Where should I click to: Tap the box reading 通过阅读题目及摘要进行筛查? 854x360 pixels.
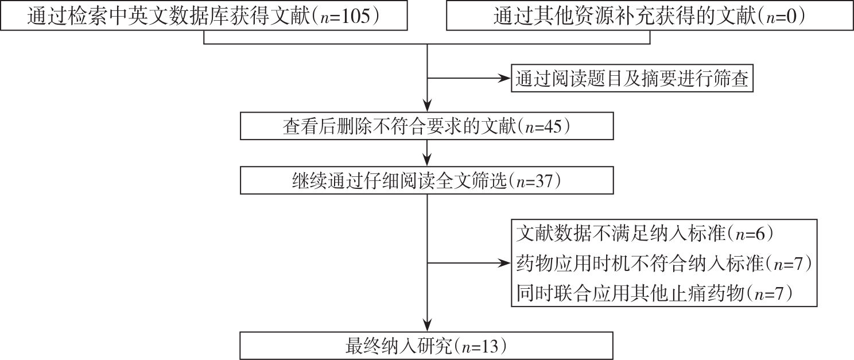coord(632,78)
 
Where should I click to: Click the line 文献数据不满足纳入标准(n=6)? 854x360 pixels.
coord(645,234)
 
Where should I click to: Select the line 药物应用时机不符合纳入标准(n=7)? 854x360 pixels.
coord(664,264)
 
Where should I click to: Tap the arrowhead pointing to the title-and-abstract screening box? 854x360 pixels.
coord(506,78)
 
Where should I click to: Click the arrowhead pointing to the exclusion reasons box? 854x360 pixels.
coord(506,263)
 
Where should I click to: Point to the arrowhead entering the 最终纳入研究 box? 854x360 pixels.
coord(427,326)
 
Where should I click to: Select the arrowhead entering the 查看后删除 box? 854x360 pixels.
coord(427,106)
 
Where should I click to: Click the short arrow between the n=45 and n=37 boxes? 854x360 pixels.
coord(427,153)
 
